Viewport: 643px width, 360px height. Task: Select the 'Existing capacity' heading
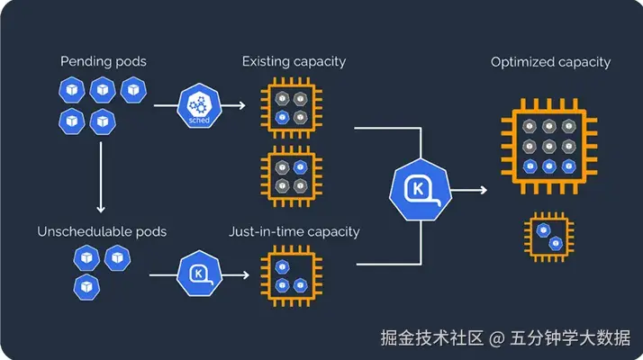coord(294,61)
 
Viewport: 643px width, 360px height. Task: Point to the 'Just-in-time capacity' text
coord(294,231)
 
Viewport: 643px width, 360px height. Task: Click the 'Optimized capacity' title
coord(550,62)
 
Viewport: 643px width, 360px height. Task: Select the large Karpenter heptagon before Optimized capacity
coord(421,190)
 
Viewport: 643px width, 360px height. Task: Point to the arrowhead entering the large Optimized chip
coord(485,190)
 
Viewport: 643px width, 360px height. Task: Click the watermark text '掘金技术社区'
coord(429,338)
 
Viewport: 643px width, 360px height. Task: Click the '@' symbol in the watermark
coord(497,339)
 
